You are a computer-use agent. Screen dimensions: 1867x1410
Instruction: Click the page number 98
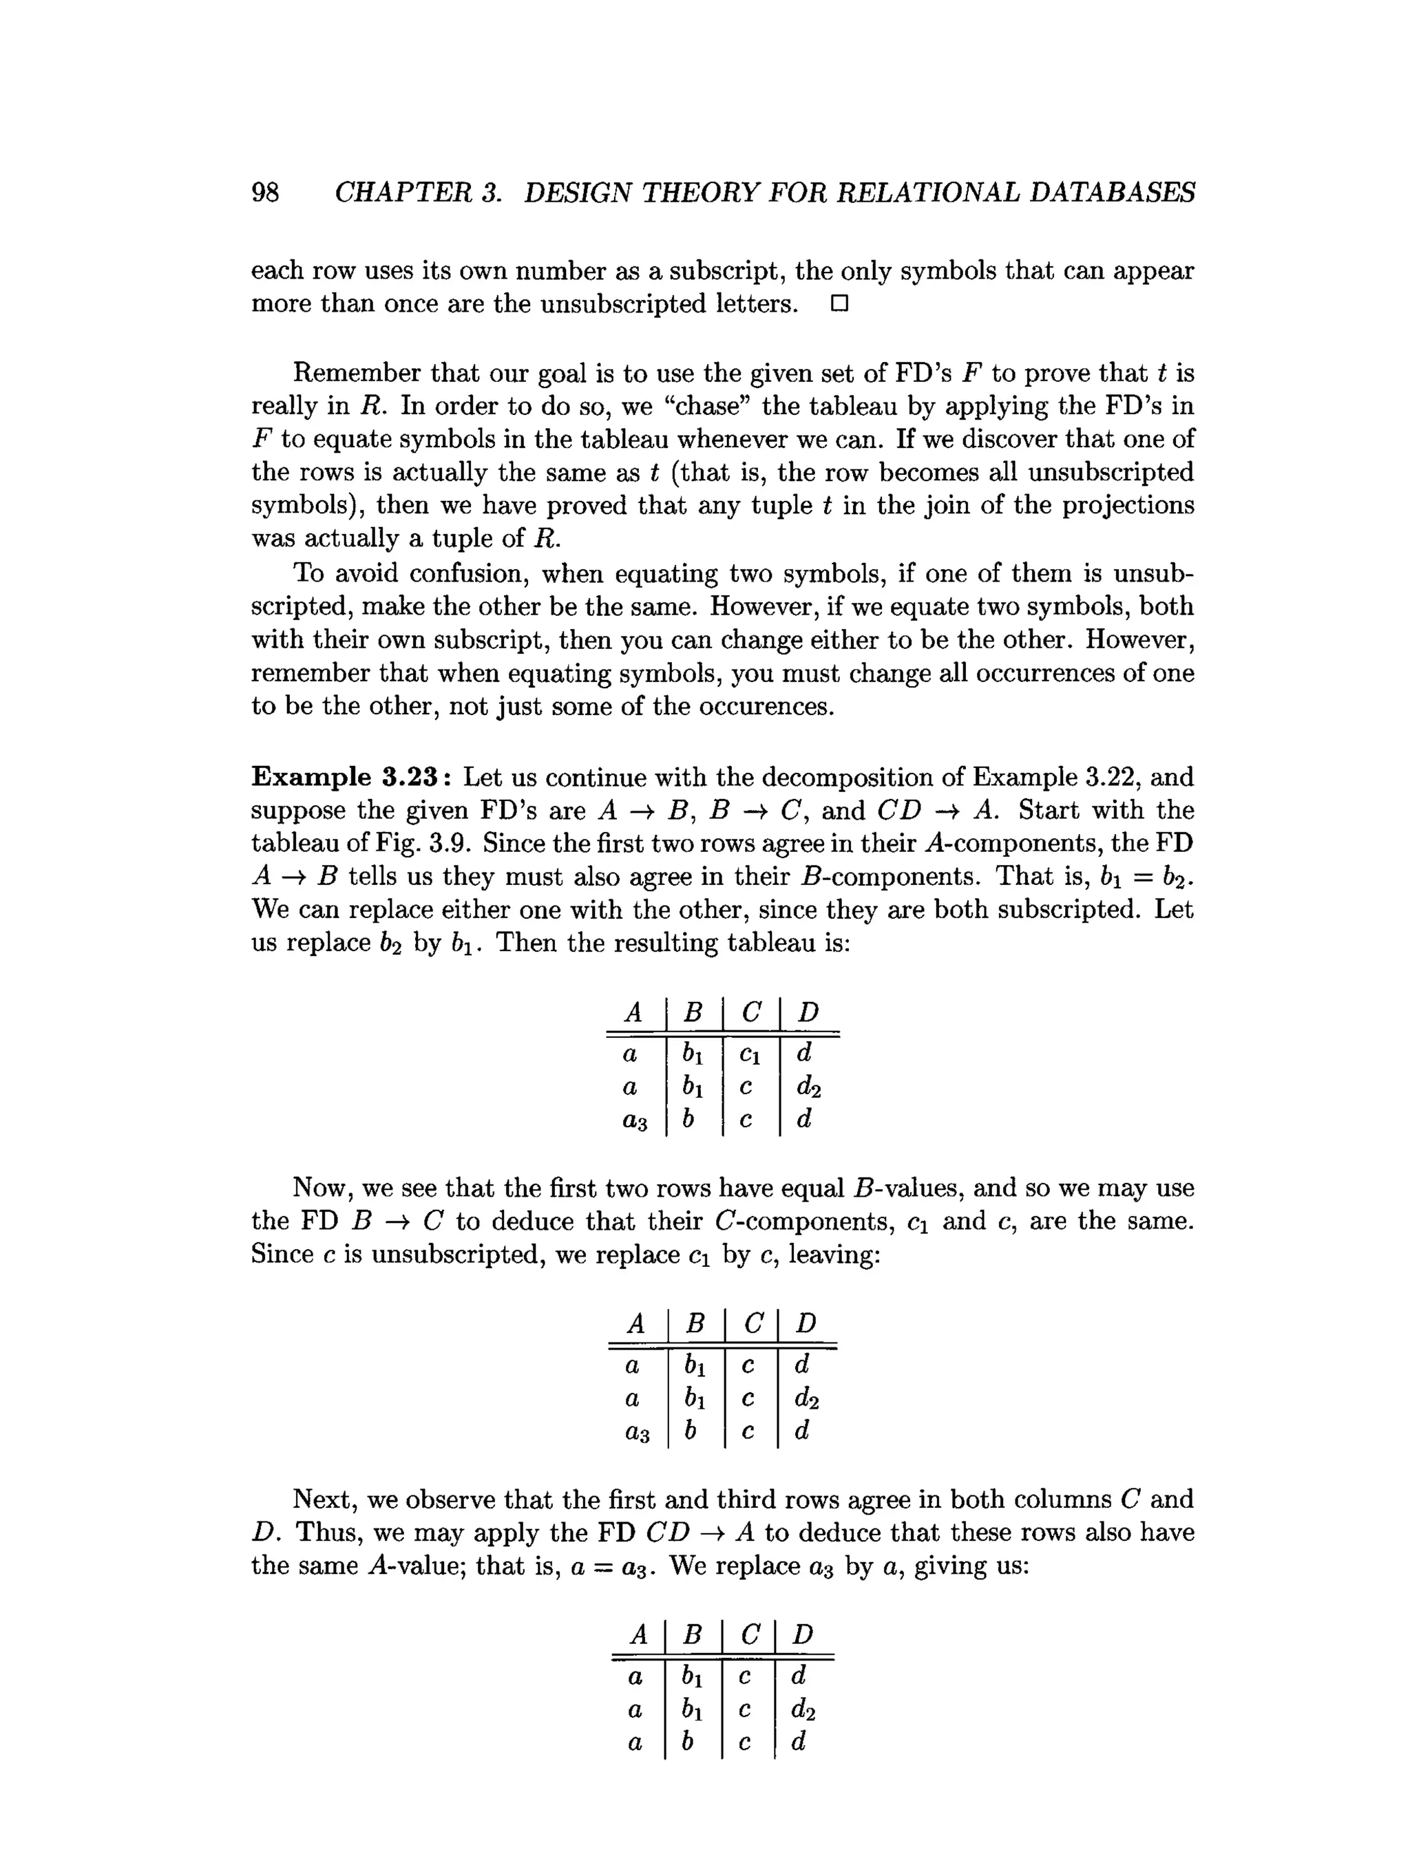point(265,193)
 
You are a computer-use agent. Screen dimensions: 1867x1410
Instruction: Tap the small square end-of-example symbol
point(839,304)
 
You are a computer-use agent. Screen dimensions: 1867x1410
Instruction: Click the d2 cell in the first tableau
point(808,1087)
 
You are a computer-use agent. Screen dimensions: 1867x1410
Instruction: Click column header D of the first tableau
point(808,1011)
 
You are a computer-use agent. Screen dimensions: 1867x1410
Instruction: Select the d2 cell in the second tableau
point(806,1398)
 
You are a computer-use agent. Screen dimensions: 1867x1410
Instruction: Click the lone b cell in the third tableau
point(688,1741)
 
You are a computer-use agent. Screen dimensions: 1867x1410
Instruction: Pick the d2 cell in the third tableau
point(803,1709)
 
